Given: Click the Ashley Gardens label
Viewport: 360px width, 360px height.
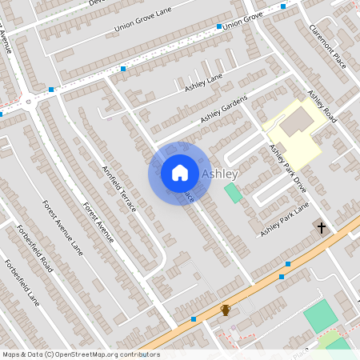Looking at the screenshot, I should click(224, 110).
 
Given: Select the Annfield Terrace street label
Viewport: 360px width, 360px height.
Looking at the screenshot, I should click(119, 188).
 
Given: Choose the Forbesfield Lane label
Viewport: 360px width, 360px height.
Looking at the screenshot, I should click(22, 284).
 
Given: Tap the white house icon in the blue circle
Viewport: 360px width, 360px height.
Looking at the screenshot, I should click(180, 173).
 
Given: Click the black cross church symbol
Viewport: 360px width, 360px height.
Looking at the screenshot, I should click(322, 229).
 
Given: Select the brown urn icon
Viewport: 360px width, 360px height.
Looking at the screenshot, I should click(226, 310).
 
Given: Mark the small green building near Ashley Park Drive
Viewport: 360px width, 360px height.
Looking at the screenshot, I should click(233, 193).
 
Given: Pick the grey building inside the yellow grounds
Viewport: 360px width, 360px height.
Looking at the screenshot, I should click(297, 121).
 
